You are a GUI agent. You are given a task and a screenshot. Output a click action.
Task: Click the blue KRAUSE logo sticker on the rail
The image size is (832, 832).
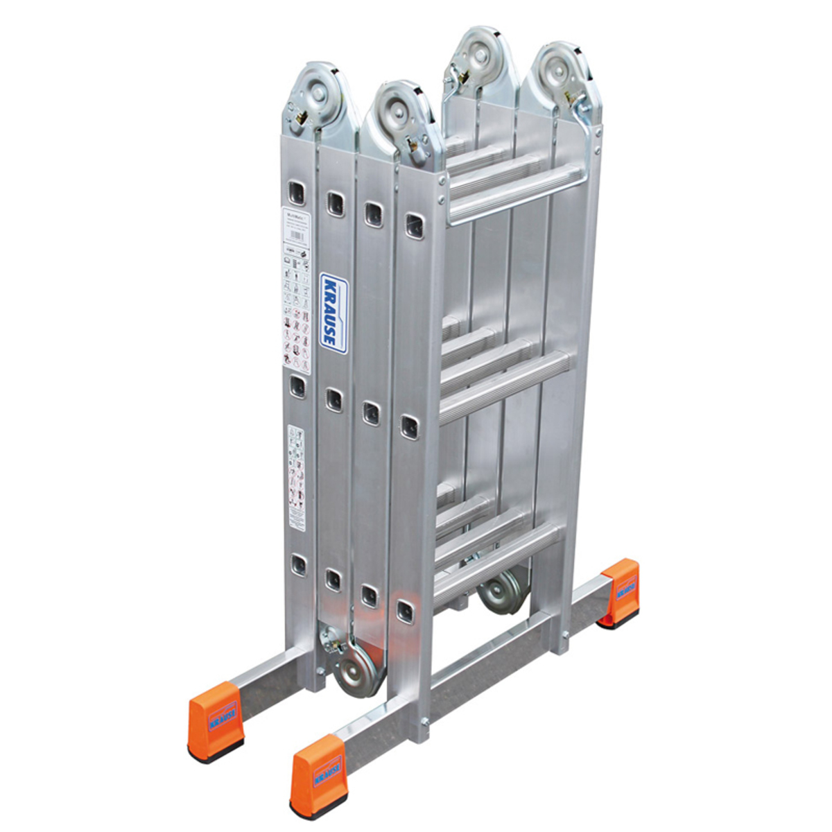[x=333, y=313]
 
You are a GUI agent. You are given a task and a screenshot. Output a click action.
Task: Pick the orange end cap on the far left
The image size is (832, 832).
[x=215, y=718]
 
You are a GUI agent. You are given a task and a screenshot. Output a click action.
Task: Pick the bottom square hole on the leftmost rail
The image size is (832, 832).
[x=298, y=566]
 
